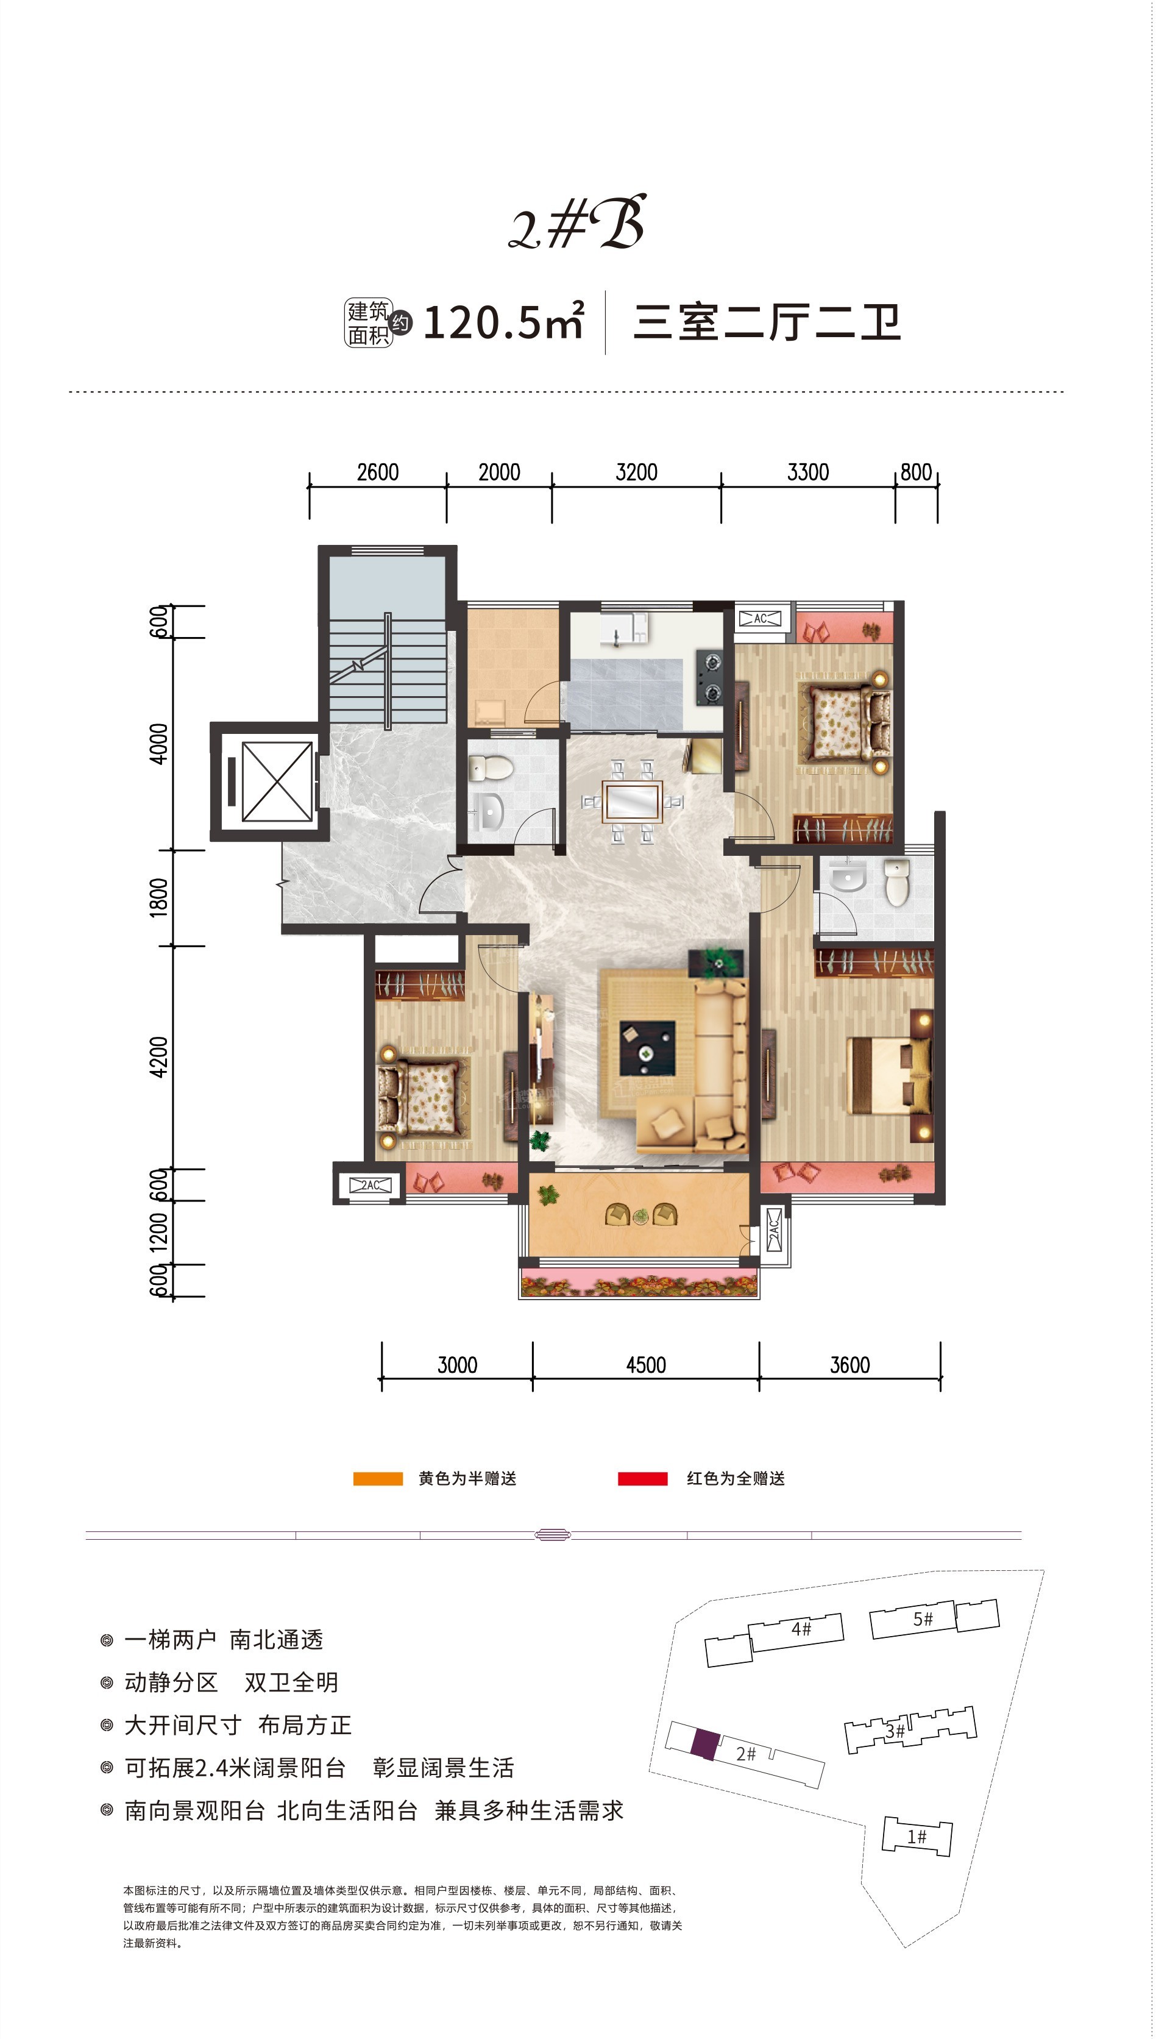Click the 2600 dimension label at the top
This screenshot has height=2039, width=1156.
(x=377, y=472)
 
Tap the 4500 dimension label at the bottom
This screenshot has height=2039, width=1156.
(x=645, y=1365)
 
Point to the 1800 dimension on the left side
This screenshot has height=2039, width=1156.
(x=159, y=897)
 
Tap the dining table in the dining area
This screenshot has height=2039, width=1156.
(x=632, y=801)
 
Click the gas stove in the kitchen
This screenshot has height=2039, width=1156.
(x=709, y=677)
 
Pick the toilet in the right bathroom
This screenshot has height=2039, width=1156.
(x=896, y=881)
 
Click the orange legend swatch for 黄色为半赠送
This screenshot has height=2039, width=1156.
(x=378, y=1478)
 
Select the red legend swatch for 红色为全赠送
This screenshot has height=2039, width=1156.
(x=642, y=1478)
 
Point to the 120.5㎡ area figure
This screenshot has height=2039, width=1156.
(x=504, y=322)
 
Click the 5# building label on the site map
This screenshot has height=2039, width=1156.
(x=923, y=1619)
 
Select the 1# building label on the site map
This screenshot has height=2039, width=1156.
(x=917, y=1837)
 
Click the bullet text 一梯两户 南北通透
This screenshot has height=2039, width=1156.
(x=223, y=1640)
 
